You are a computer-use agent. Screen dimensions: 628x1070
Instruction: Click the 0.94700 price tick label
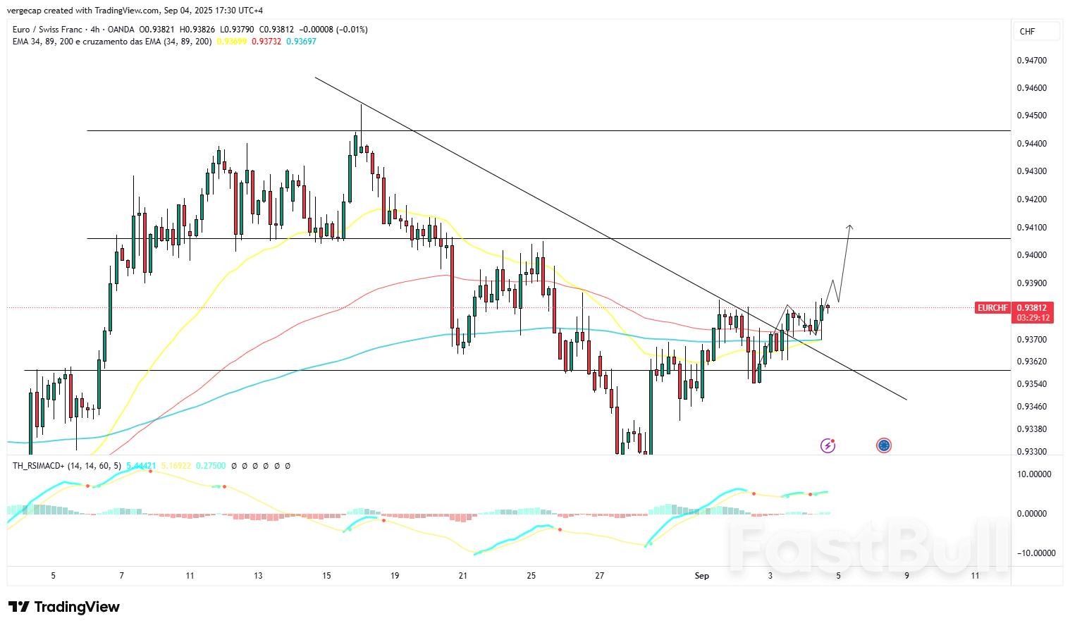point(1031,61)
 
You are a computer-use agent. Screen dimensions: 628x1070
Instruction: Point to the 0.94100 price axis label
point(1031,228)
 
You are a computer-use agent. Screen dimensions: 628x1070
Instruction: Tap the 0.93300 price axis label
point(1031,452)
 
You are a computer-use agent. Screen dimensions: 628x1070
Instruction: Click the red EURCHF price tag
point(992,308)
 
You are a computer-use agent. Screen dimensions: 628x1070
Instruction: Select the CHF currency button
point(1027,32)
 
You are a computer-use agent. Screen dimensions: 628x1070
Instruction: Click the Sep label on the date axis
point(701,576)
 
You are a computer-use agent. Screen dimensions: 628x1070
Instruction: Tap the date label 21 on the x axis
point(462,576)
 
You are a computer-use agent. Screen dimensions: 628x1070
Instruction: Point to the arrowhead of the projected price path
point(850,227)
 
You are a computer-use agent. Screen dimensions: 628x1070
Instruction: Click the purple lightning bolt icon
point(828,445)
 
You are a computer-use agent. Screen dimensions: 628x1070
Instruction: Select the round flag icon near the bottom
point(884,445)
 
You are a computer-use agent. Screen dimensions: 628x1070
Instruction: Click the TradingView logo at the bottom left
point(64,607)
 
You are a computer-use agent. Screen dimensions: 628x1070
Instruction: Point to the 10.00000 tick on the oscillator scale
point(1035,474)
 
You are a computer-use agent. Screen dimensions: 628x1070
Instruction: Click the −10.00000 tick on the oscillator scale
point(1035,553)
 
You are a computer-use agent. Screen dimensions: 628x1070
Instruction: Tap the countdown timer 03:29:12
point(1033,318)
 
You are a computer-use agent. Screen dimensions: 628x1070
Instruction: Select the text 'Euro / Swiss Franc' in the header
point(46,30)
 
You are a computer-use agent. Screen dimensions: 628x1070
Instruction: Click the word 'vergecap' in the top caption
point(23,11)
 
